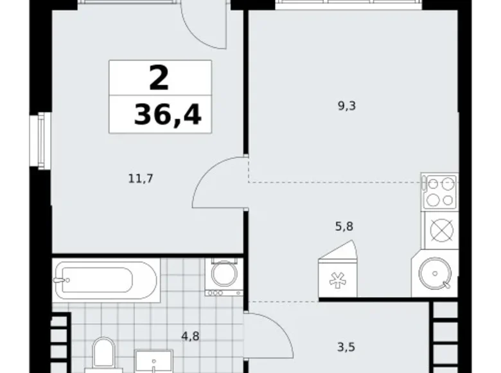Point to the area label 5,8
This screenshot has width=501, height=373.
point(344,226)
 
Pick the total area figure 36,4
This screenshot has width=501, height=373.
point(167,116)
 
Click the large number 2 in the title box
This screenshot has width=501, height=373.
point(159,78)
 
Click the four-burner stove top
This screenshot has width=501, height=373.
point(439,191)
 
